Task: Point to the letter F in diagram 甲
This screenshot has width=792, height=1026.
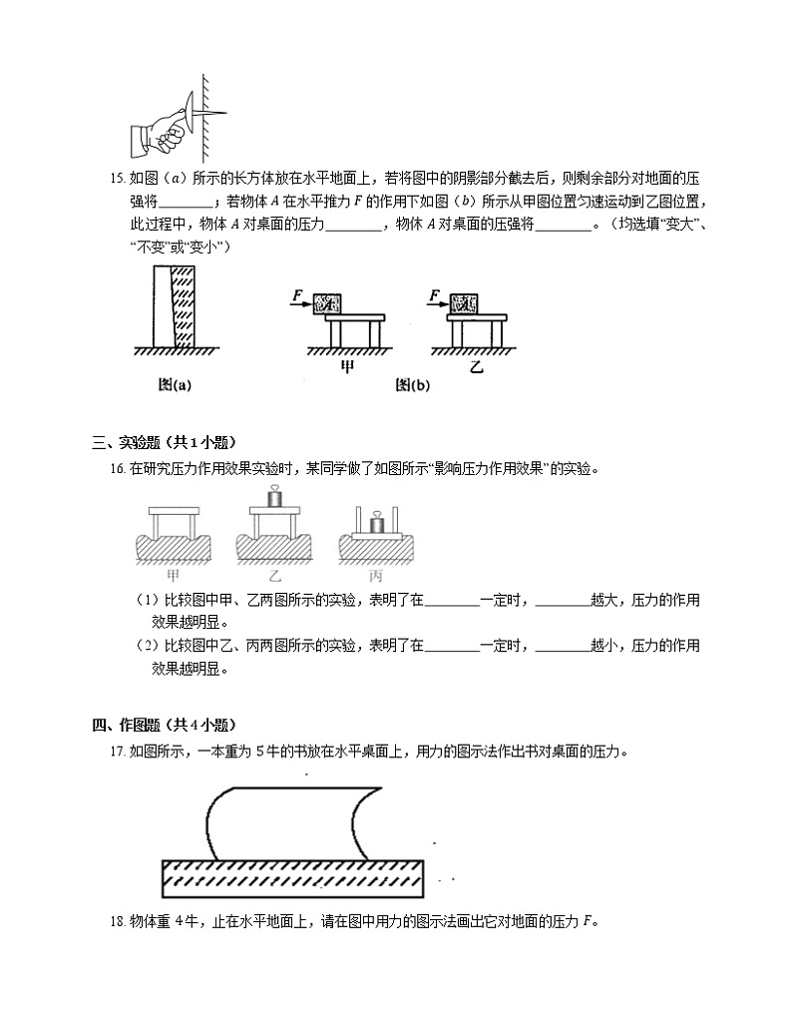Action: tap(296, 294)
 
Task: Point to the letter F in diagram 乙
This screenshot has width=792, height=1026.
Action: tap(433, 294)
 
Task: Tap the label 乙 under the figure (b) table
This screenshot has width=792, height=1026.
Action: tap(476, 366)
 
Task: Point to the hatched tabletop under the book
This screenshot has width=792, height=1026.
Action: tap(293, 877)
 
